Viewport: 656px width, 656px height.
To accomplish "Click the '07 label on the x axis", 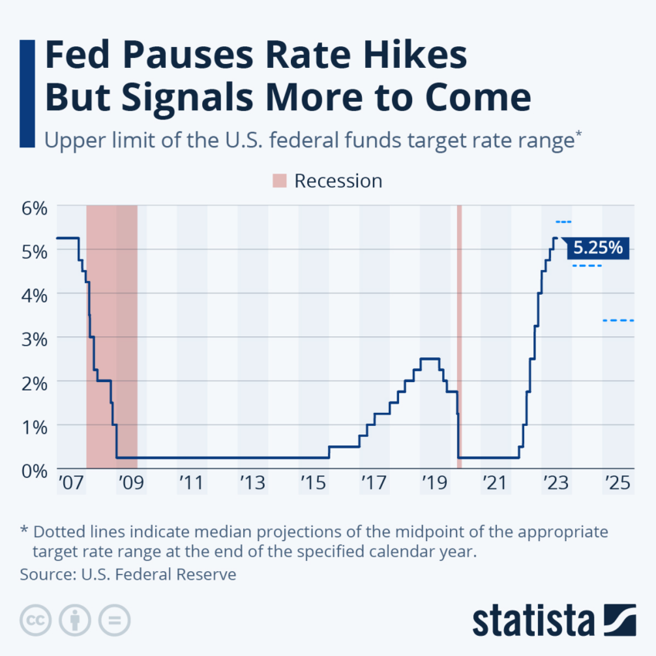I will pos(69,484).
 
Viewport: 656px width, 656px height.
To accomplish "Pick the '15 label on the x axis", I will pos(312,484).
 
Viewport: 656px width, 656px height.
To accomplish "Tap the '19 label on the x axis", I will pos(433,484).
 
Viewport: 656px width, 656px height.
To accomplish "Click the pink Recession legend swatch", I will pos(279,181).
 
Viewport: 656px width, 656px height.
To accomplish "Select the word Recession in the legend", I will pos(338,181).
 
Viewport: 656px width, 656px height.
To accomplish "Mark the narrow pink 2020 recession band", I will pos(459,336).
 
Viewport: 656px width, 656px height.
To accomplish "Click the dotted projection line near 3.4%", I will pos(617,320).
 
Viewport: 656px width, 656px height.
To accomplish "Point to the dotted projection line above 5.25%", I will pos(563,222).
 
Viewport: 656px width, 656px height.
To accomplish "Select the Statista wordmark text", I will pos(533,620).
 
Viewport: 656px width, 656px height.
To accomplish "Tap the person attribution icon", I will pos(75,620).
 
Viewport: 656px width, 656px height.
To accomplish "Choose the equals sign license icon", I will pos(114,620).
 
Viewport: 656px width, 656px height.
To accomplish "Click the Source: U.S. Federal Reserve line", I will pos(128,574).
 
